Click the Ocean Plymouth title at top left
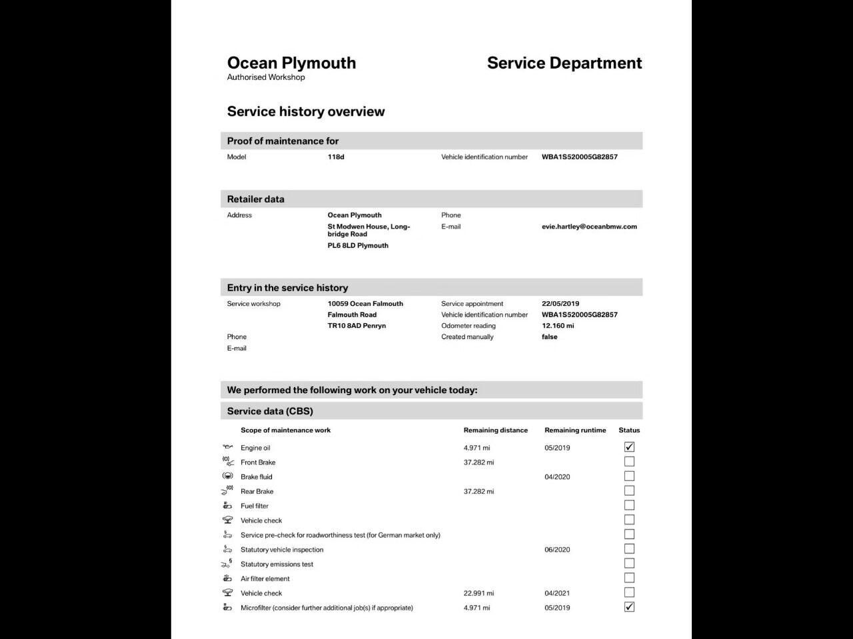(x=291, y=63)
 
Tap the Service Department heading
(x=564, y=63)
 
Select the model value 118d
(x=336, y=157)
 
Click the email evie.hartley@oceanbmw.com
(x=589, y=227)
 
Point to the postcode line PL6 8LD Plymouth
(x=358, y=246)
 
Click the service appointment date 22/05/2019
(x=560, y=304)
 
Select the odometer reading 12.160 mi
(x=558, y=326)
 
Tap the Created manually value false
(x=549, y=337)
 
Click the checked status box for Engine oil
(x=629, y=447)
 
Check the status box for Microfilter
(x=629, y=607)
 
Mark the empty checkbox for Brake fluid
(x=629, y=476)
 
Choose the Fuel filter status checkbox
(x=629, y=506)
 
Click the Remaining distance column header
(x=495, y=430)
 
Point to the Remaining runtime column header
(x=575, y=430)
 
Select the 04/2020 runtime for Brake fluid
(x=557, y=477)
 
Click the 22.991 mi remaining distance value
(x=478, y=593)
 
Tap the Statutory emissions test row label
(x=277, y=564)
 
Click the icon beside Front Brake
(x=228, y=462)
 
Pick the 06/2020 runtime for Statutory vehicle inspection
(x=557, y=550)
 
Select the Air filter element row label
(x=265, y=579)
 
